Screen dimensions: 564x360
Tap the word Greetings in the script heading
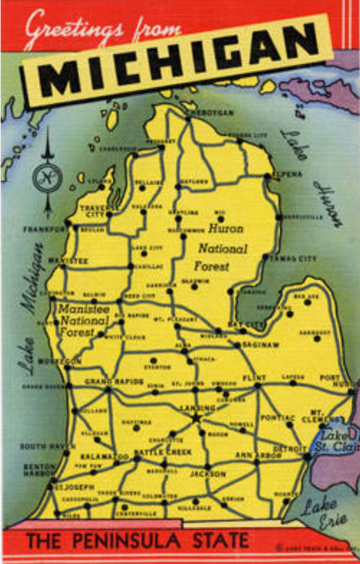tap(69, 27)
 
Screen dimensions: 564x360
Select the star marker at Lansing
tap(197, 418)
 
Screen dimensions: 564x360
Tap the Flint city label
tap(255, 377)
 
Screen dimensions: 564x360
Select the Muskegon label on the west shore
tap(59, 361)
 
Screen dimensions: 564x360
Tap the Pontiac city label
tap(278, 417)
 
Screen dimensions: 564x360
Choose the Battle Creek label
tap(162, 452)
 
